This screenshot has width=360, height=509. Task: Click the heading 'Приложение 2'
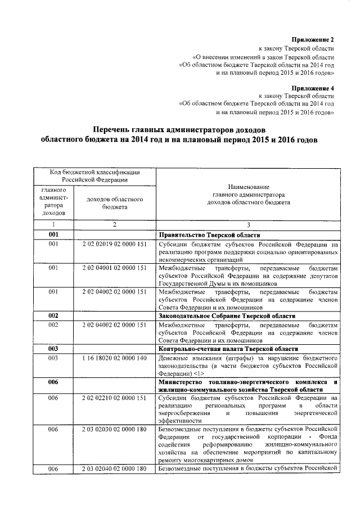313,40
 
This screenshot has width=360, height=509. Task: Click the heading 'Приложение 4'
313,88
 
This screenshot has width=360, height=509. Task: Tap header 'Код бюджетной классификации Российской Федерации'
94,175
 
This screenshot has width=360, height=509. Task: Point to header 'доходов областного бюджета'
114,203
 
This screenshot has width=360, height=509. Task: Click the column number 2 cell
114,224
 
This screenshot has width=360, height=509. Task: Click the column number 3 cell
247,224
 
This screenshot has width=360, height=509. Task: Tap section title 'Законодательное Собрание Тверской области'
227,316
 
